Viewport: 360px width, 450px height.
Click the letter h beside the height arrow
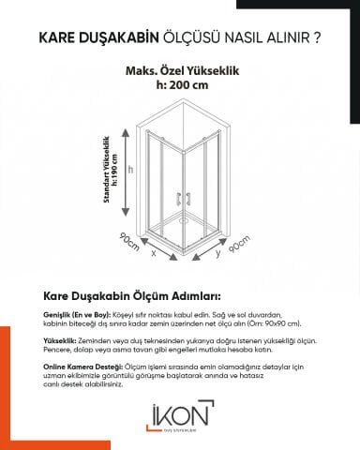click(132, 170)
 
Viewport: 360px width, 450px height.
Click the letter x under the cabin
click(153, 252)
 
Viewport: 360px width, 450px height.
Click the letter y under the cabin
click(217, 251)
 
